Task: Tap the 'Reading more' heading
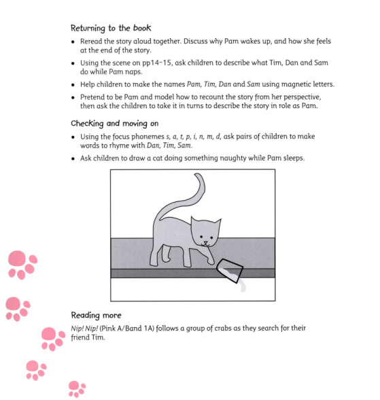click(97, 315)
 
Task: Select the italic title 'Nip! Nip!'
click(86, 328)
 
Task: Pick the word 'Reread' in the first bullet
click(91, 41)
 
